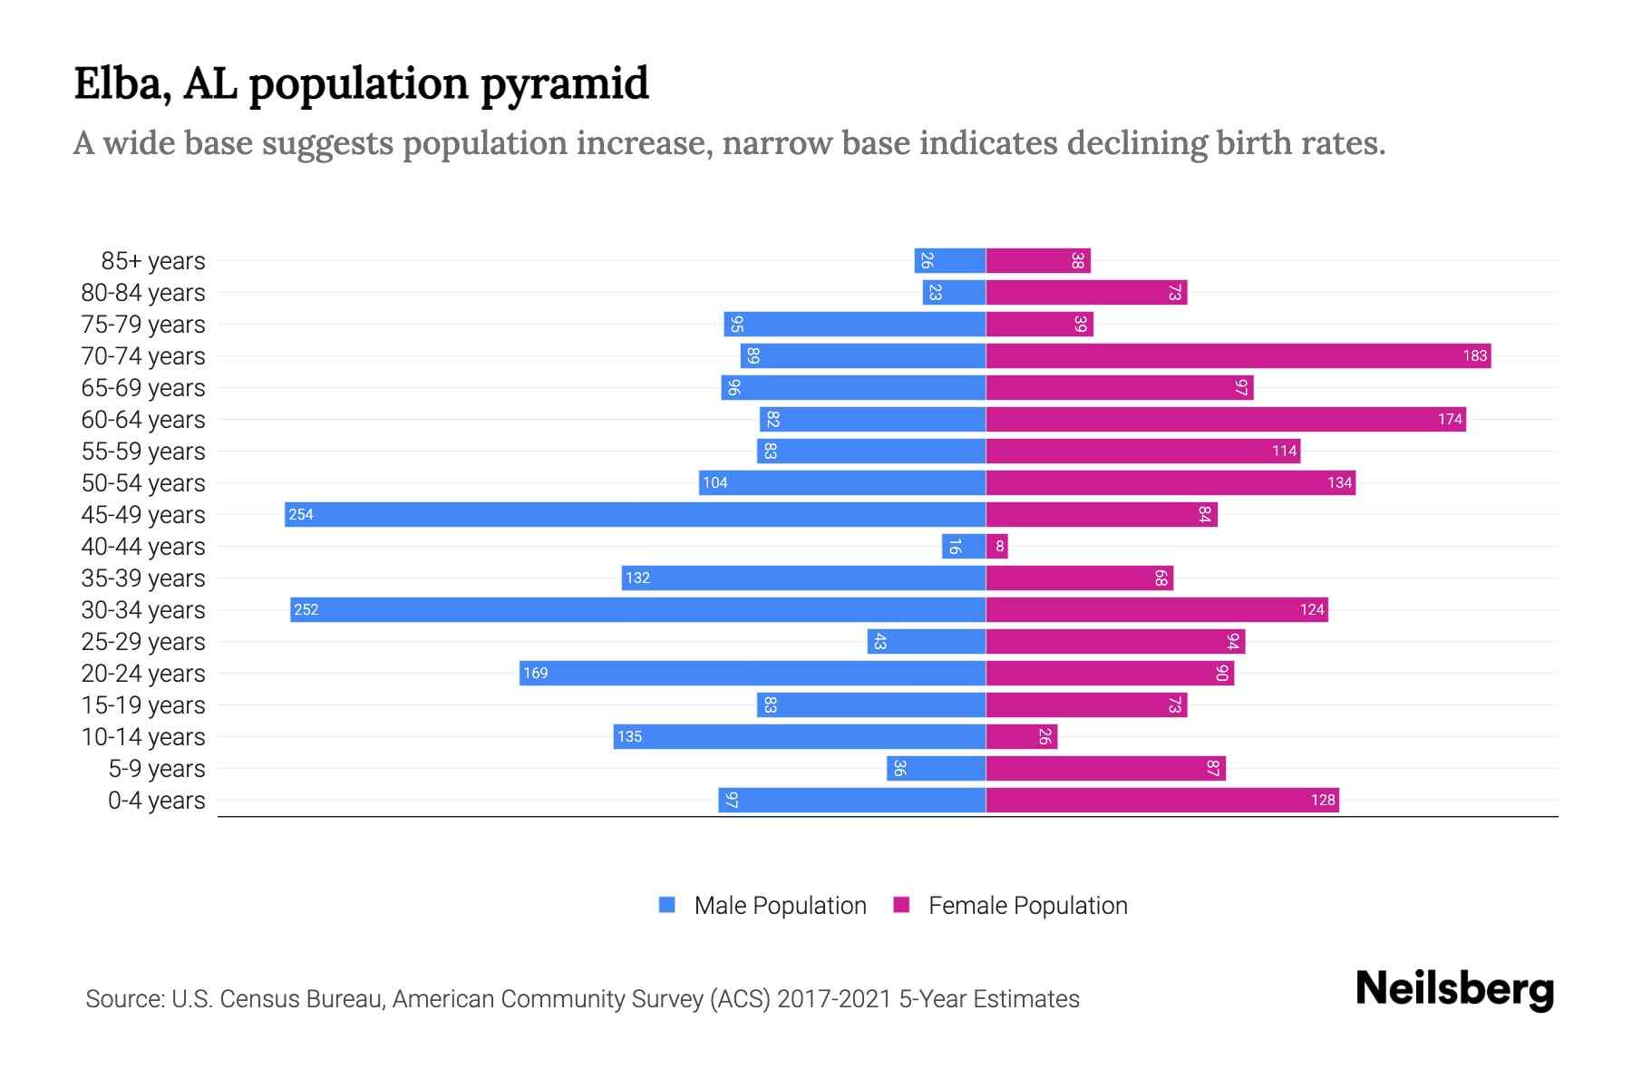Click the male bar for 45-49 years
click(x=635, y=514)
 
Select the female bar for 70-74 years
click(x=1238, y=355)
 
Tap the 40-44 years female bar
click(x=996, y=546)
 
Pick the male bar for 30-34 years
click(x=637, y=609)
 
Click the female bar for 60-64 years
click(x=1225, y=419)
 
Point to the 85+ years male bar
click(x=949, y=260)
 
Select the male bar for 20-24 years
click(x=753, y=673)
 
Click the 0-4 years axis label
click(x=156, y=801)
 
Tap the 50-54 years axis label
click(x=143, y=483)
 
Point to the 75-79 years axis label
click(x=143, y=325)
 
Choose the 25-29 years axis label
click(x=143, y=642)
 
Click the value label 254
click(x=301, y=514)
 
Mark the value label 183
click(x=1474, y=355)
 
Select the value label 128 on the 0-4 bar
click(x=1322, y=800)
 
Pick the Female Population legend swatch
click(x=901, y=905)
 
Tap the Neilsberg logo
click(x=1454, y=989)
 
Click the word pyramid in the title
click(x=564, y=83)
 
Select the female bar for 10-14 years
click(x=1021, y=736)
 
